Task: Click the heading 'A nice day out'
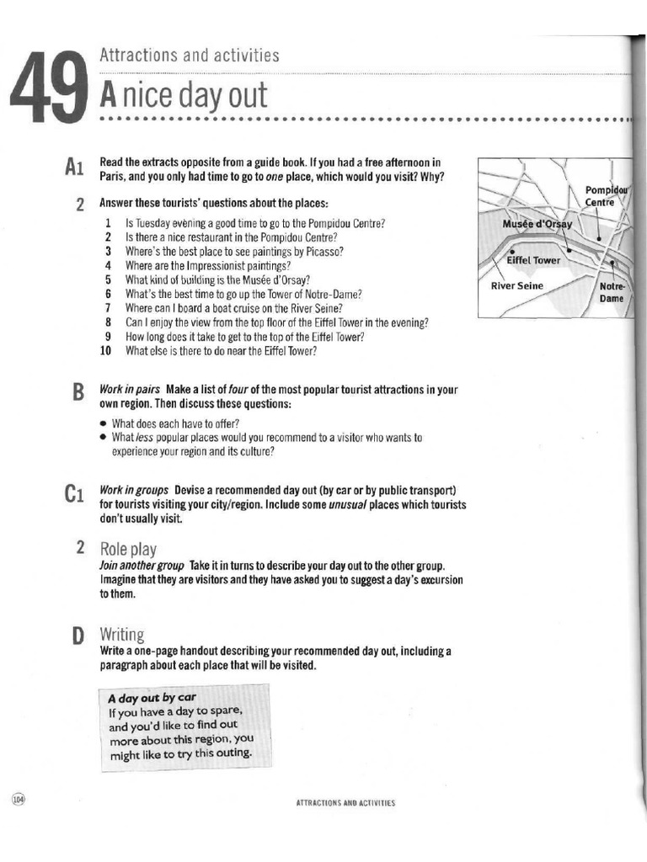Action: (x=183, y=95)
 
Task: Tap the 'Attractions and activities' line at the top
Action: (x=189, y=56)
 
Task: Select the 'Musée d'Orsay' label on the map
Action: (x=537, y=224)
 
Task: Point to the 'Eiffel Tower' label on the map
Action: (x=532, y=260)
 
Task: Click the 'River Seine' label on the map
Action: (x=517, y=286)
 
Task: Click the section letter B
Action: (x=78, y=394)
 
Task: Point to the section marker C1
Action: (x=73, y=494)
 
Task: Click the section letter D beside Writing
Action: (x=78, y=636)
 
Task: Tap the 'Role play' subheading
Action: (x=128, y=549)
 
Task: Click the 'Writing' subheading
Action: (x=122, y=634)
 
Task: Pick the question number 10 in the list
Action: (x=106, y=351)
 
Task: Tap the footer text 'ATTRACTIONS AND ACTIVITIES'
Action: (x=345, y=803)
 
